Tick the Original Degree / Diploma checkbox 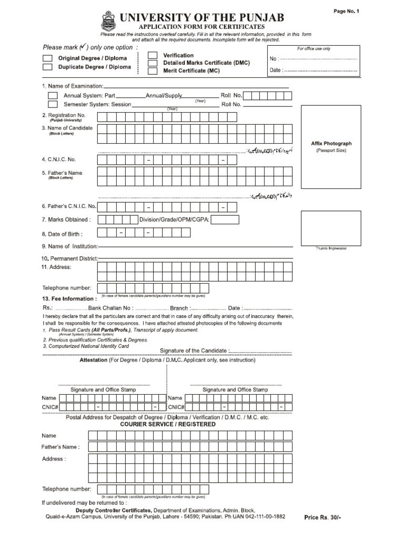(47, 58)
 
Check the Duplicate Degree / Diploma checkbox (47, 67)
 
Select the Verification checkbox (152, 55)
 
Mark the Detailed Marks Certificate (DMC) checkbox (152, 63)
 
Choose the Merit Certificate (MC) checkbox (152, 71)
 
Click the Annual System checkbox (53, 96)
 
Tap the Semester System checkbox (53, 104)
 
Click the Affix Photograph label (331, 143)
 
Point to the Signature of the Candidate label (193, 351)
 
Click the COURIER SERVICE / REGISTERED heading (167, 424)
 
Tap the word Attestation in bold (93, 361)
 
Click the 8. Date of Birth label (62, 234)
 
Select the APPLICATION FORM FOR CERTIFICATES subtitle (201, 27)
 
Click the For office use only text (314, 48)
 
